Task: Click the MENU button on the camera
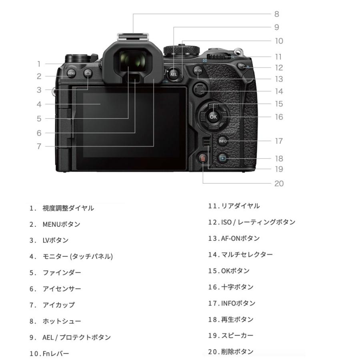(x=71, y=73)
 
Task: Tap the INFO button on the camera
(x=223, y=141)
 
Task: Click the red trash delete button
(x=203, y=158)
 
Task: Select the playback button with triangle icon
(x=223, y=158)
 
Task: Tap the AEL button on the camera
(x=174, y=74)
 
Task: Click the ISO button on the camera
(x=242, y=66)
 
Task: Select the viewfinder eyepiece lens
(x=132, y=60)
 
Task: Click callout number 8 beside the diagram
(x=276, y=14)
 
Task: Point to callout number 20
(x=279, y=184)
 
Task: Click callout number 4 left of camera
(x=39, y=104)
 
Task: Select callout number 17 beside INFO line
(x=279, y=141)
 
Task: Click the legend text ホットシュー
(x=62, y=321)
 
